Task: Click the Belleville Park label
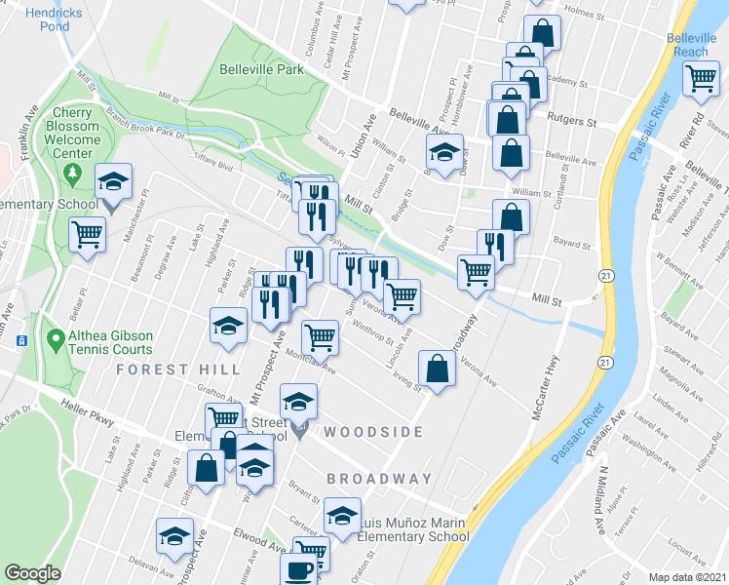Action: click(260, 69)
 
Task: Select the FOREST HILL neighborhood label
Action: click(178, 370)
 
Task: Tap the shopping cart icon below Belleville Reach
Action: click(701, 78)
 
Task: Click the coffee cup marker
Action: click(299, 569)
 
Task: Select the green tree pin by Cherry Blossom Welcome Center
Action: click(72, 173)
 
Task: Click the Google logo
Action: click(32, 573)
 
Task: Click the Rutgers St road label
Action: click(573, 123)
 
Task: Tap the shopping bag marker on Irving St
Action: click(437, 369)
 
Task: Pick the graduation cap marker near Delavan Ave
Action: click(174, 535)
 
